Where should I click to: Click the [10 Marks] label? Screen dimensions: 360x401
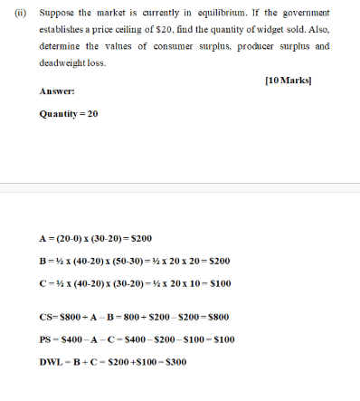[300, 80]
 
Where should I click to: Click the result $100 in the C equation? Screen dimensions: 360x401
[217, 282]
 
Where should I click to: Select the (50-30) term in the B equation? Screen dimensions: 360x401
[122, 261]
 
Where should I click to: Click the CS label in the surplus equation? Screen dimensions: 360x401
[48, 319]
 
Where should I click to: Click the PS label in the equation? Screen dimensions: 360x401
[47, 340]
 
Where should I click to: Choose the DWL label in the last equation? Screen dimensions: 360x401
[52, 362]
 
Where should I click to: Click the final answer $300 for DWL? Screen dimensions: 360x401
[173, 362]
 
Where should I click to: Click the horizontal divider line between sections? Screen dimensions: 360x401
[180, 188]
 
